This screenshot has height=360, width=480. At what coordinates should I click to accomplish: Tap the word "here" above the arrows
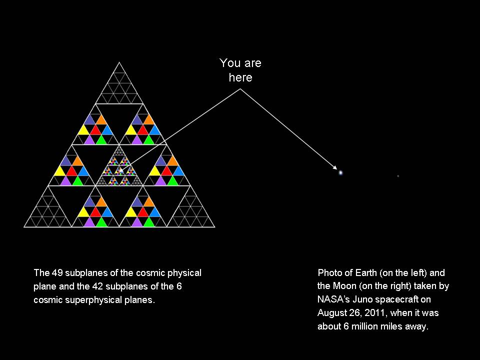[x=240, y=77]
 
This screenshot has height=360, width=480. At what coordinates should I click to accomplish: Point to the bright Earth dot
[x=340, y=172]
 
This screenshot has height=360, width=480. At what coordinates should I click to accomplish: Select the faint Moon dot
[x=398, y=176]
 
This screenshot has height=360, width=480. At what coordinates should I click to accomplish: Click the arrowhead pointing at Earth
[x=336, y=169]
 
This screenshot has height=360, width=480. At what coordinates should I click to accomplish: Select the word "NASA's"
[x=333, y=299]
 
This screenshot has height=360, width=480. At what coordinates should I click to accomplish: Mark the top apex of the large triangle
[x=119, y=62]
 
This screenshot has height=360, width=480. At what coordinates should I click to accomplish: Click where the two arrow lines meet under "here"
[x=240, y=89]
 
